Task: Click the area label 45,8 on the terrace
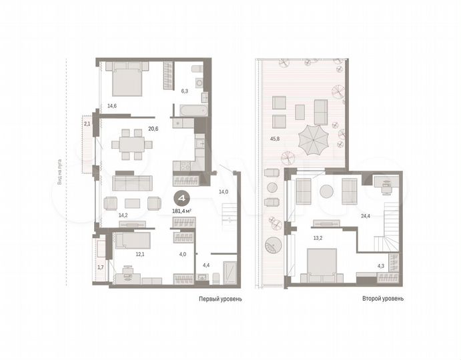275,139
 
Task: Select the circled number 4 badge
180,198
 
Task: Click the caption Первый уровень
221,299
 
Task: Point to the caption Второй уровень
382,299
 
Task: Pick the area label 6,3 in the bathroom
185,91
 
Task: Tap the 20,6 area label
153,129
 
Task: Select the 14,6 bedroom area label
111,105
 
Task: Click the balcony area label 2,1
87,124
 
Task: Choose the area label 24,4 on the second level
365,216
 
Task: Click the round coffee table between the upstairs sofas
326,191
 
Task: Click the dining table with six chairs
127,144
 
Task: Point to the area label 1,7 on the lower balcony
100,267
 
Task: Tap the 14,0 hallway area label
223,192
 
